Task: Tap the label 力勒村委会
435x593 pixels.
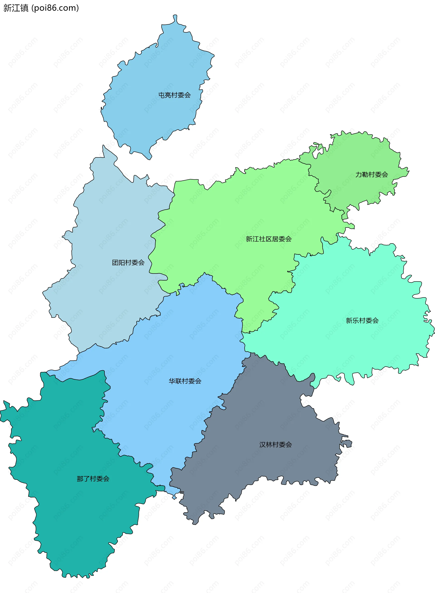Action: point(372,174)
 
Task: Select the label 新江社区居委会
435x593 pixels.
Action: point(268,239)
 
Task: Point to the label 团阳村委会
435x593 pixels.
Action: point(128,263)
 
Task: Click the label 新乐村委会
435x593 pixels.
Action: point(362,320)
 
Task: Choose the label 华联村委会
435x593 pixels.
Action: point(185,381)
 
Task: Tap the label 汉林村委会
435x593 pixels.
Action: point(275,445)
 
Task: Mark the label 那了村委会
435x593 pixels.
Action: point(93,479)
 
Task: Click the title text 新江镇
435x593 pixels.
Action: point(16,8)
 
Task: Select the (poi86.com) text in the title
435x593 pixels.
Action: point(55,8)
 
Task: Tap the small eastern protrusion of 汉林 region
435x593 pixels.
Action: point(347,444)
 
